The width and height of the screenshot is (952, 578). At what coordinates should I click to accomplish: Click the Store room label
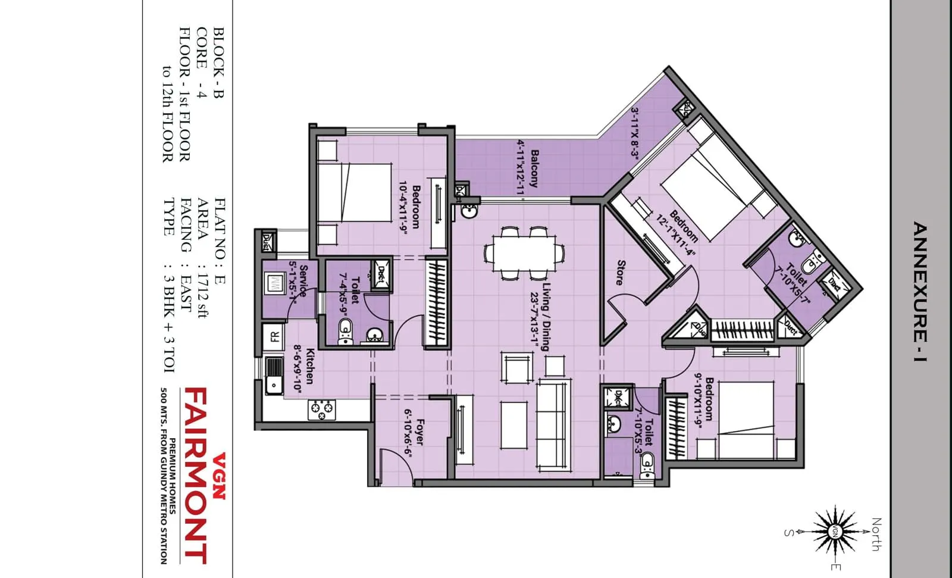pos(621,272)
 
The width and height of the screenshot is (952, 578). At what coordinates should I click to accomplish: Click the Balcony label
pos(534,168)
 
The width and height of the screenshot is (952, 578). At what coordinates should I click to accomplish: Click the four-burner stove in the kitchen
pos(322,410)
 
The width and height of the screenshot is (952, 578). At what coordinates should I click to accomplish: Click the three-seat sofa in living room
pos(553,426)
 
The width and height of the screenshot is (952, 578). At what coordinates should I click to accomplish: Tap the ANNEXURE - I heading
pos(920,292)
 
